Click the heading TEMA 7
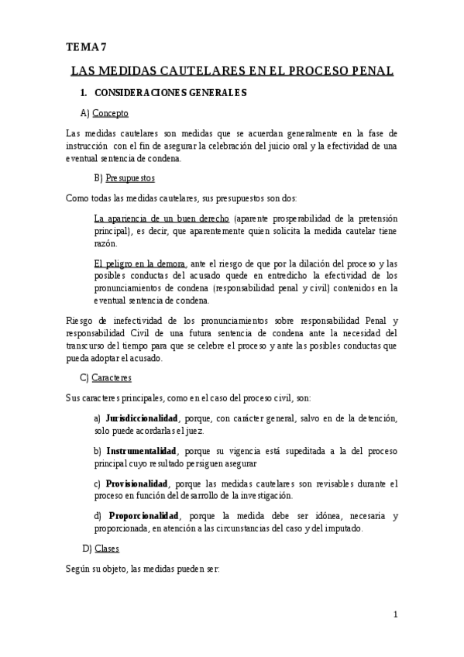(86, 47)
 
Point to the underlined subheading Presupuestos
(129, 177)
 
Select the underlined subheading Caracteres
(112, 377)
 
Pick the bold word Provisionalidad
(136, 483)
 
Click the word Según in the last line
(80, 568)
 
